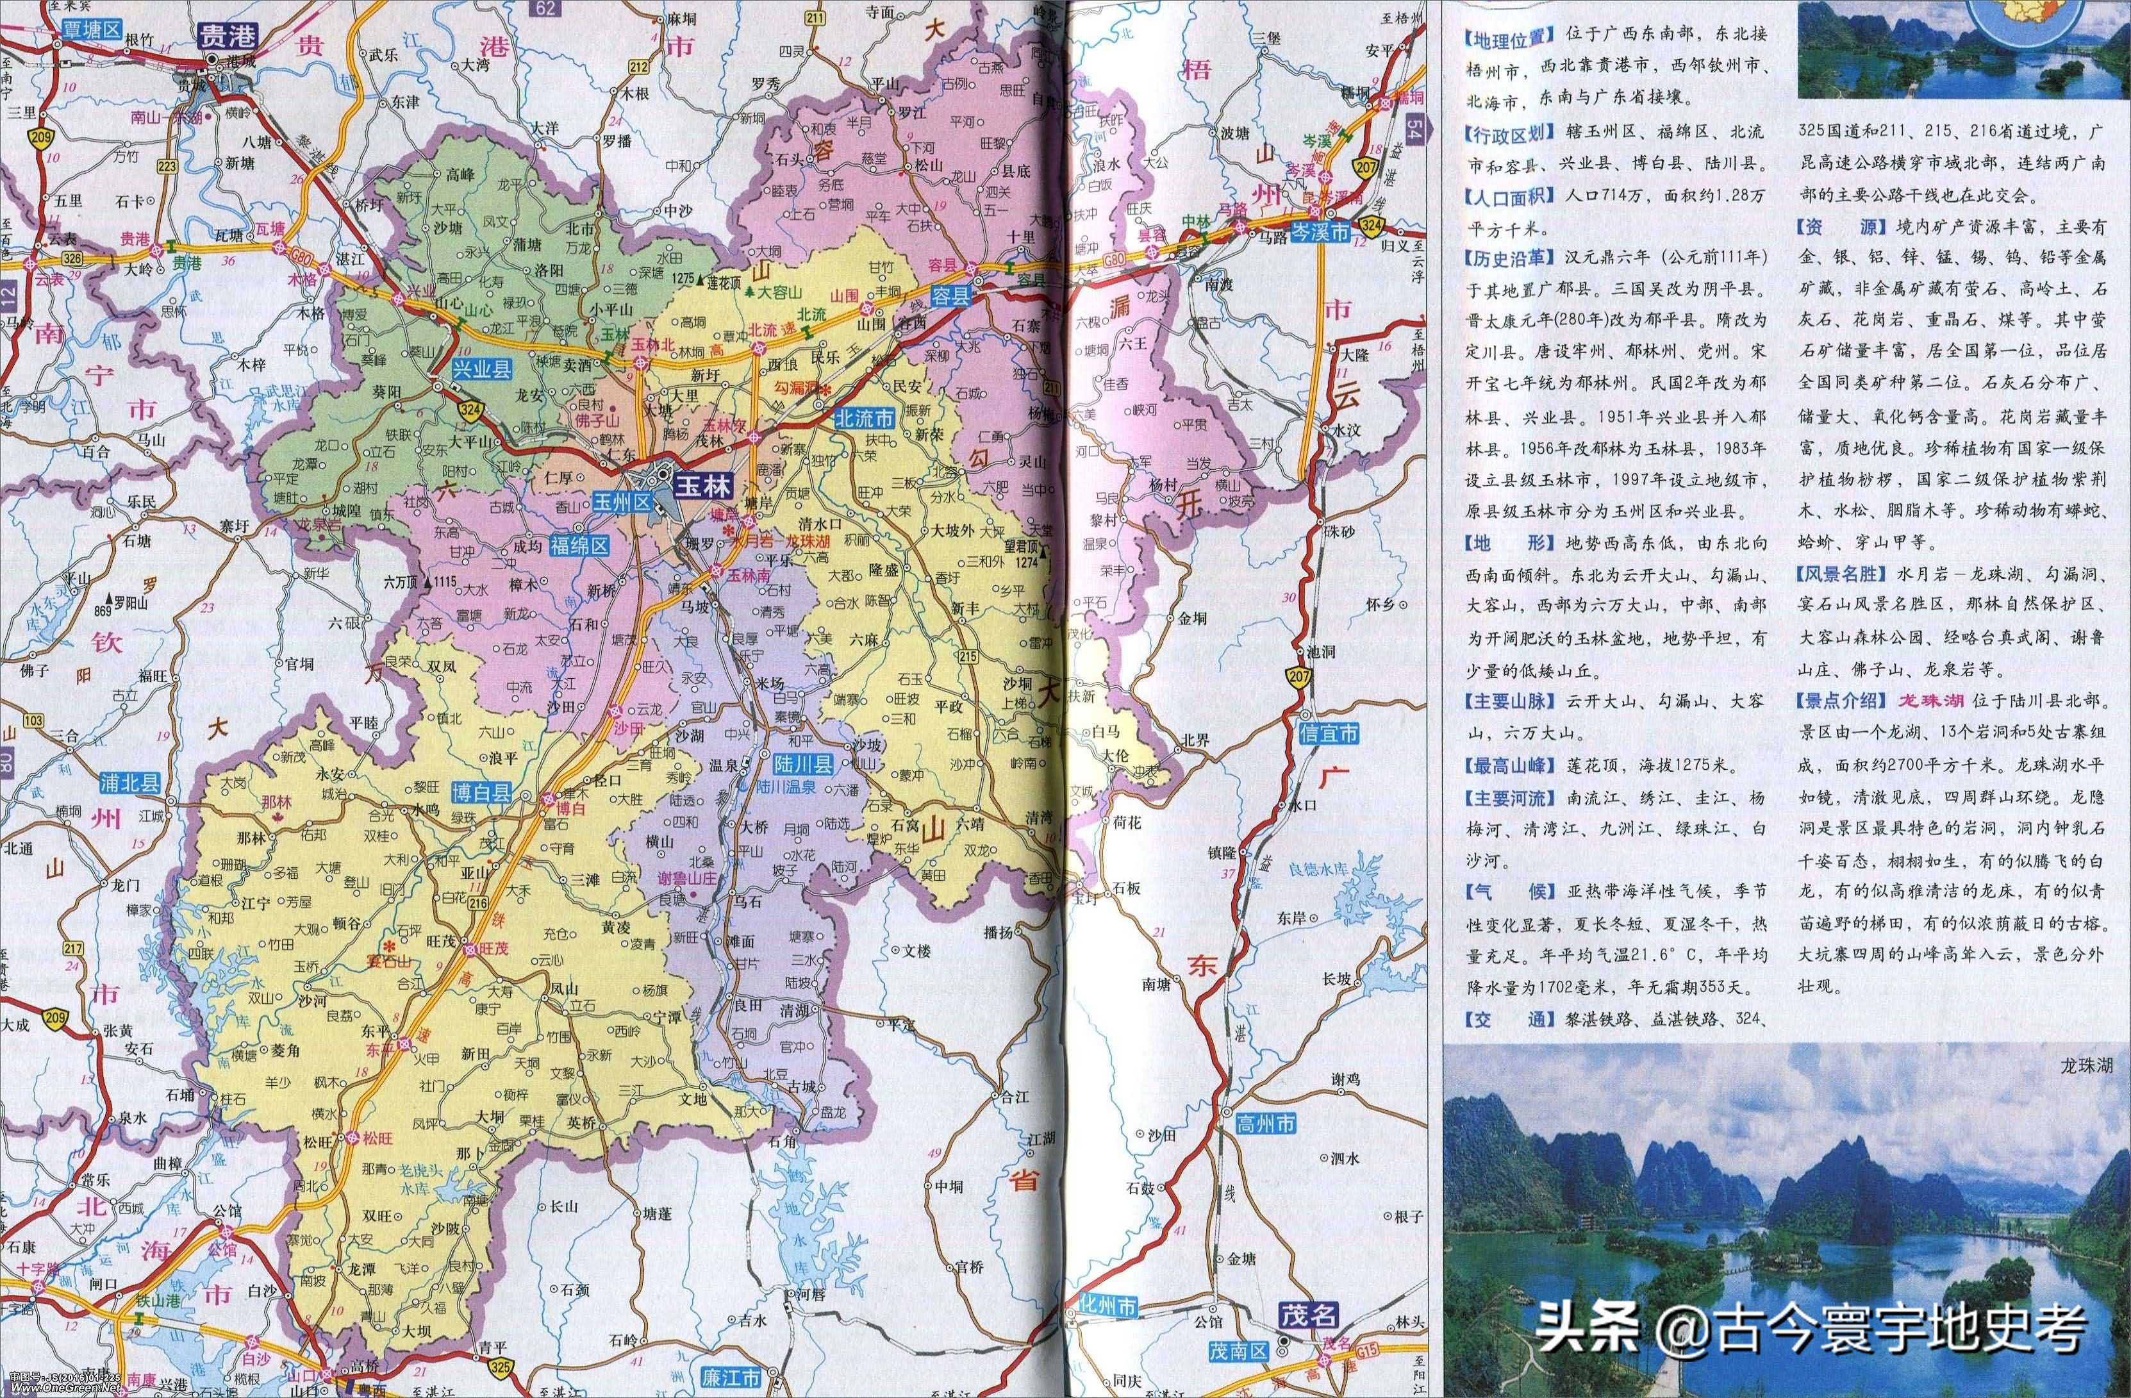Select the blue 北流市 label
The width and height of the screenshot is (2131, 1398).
click(864, 417)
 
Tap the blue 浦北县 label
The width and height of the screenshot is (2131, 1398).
click(127, 781)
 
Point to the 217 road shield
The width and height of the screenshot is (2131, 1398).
click(72, 949)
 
